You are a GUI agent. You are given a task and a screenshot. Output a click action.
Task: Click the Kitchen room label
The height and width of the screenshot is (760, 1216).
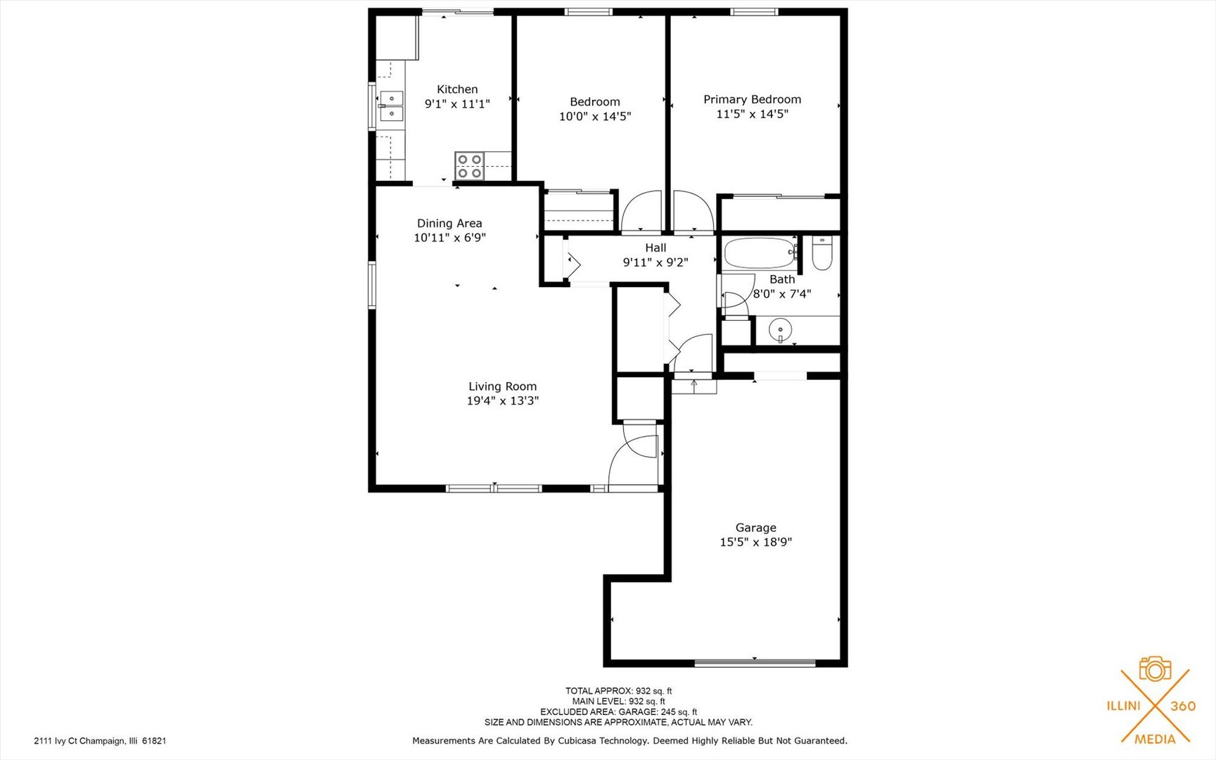[x=457, y=89]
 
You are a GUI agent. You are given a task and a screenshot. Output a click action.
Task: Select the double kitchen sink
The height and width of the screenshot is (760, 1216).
[x=391, y=106]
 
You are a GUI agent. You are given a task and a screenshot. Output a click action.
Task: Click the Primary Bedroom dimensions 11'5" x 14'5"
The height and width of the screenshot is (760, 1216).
[x=752, y=114]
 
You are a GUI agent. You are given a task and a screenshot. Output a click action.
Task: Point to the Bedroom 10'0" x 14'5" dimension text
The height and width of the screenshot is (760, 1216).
[x=594, y=117]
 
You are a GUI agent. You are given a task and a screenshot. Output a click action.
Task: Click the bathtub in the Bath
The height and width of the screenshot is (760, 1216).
[x=758, y=253]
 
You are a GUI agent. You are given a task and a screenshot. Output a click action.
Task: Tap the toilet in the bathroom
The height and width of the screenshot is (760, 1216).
[x=821, y=253]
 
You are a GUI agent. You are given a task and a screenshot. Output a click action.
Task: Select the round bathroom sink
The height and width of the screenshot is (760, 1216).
[x=780, y=329]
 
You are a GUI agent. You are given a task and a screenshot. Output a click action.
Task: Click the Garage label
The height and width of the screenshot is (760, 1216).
[x=755, y=528]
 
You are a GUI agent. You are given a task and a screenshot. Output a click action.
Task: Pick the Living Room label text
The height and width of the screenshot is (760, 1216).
[x=502, y=386]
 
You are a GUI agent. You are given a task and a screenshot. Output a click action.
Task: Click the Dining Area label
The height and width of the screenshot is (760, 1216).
[x=449, y=224]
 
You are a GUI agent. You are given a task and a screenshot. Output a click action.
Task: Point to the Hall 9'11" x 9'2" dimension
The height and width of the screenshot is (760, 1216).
[x=655, y=262]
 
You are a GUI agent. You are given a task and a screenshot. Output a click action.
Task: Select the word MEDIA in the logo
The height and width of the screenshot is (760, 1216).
[x=1155, y=739]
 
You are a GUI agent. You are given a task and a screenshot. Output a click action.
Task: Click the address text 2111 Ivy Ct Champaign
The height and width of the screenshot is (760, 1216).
[x=100, y=741]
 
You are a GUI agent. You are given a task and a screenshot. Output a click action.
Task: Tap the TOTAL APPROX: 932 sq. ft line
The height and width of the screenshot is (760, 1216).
[x=618, y=691]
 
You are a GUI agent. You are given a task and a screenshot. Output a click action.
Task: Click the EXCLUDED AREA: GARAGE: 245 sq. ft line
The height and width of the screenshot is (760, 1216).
[x=618, y=711]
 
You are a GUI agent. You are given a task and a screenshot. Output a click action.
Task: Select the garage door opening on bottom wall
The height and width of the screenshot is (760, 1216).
[x=755, y=662]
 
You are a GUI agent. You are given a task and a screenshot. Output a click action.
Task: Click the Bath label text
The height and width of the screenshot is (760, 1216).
[x=781, y=279]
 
